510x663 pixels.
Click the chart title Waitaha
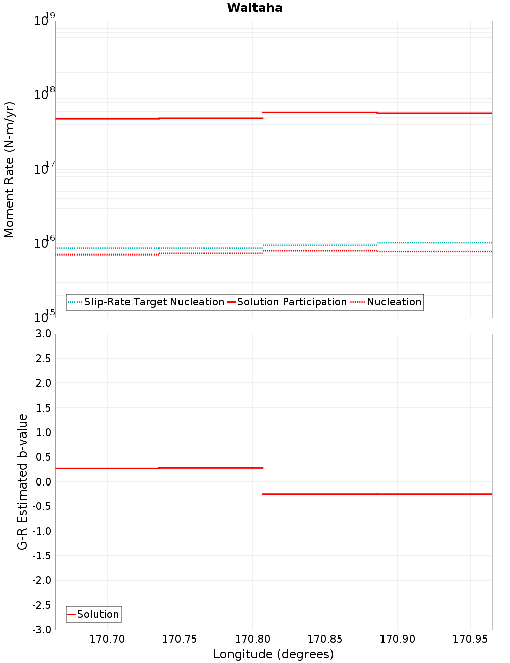point(254,8)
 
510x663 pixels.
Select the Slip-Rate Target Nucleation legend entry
point(154,302)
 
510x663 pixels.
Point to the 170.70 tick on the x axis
point(107,640)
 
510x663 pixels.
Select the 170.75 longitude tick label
point(180,640)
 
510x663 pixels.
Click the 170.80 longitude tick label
point(252,640)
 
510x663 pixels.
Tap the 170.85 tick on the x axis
point(325,640)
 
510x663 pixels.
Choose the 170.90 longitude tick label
point(397,640)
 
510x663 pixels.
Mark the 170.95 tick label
point(470,640)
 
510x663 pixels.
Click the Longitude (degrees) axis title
point(273,654)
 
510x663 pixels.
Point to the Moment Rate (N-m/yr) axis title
point(9,169)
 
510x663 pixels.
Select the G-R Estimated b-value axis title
point(22,481)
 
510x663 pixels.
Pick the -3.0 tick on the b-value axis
point(42,630)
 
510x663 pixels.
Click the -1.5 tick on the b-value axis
point(42,556)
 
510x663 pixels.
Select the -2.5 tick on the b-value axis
point(42,605)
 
